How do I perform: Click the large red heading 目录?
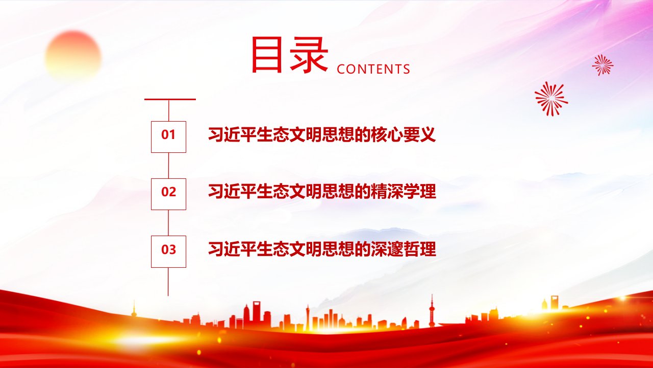[x=290, y=54]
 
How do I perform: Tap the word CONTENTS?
[x=373, y=69]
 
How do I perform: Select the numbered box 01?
[x=168, y=136]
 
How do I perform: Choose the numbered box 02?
[x=168, y=194]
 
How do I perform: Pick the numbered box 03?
[x=168, y=251]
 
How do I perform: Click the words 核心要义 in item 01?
[x=404, y=134]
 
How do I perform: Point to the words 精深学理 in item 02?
[x=404, y=192]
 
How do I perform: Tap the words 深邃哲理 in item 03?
[x=404, y=249]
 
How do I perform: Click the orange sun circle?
[x=73, y=56]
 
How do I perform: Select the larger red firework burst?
[x=551, y=99]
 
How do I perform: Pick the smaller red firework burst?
[x=603, y=65]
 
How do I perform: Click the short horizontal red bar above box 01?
[x=170, y=99]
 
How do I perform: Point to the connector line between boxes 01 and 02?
[x=168, y=165]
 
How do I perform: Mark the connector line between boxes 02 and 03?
[x=168, y=222]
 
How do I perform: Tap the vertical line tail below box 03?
[x=168, y=282]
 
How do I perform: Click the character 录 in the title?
[x=309, y=55]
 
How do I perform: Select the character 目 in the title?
[x=267, y=55]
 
